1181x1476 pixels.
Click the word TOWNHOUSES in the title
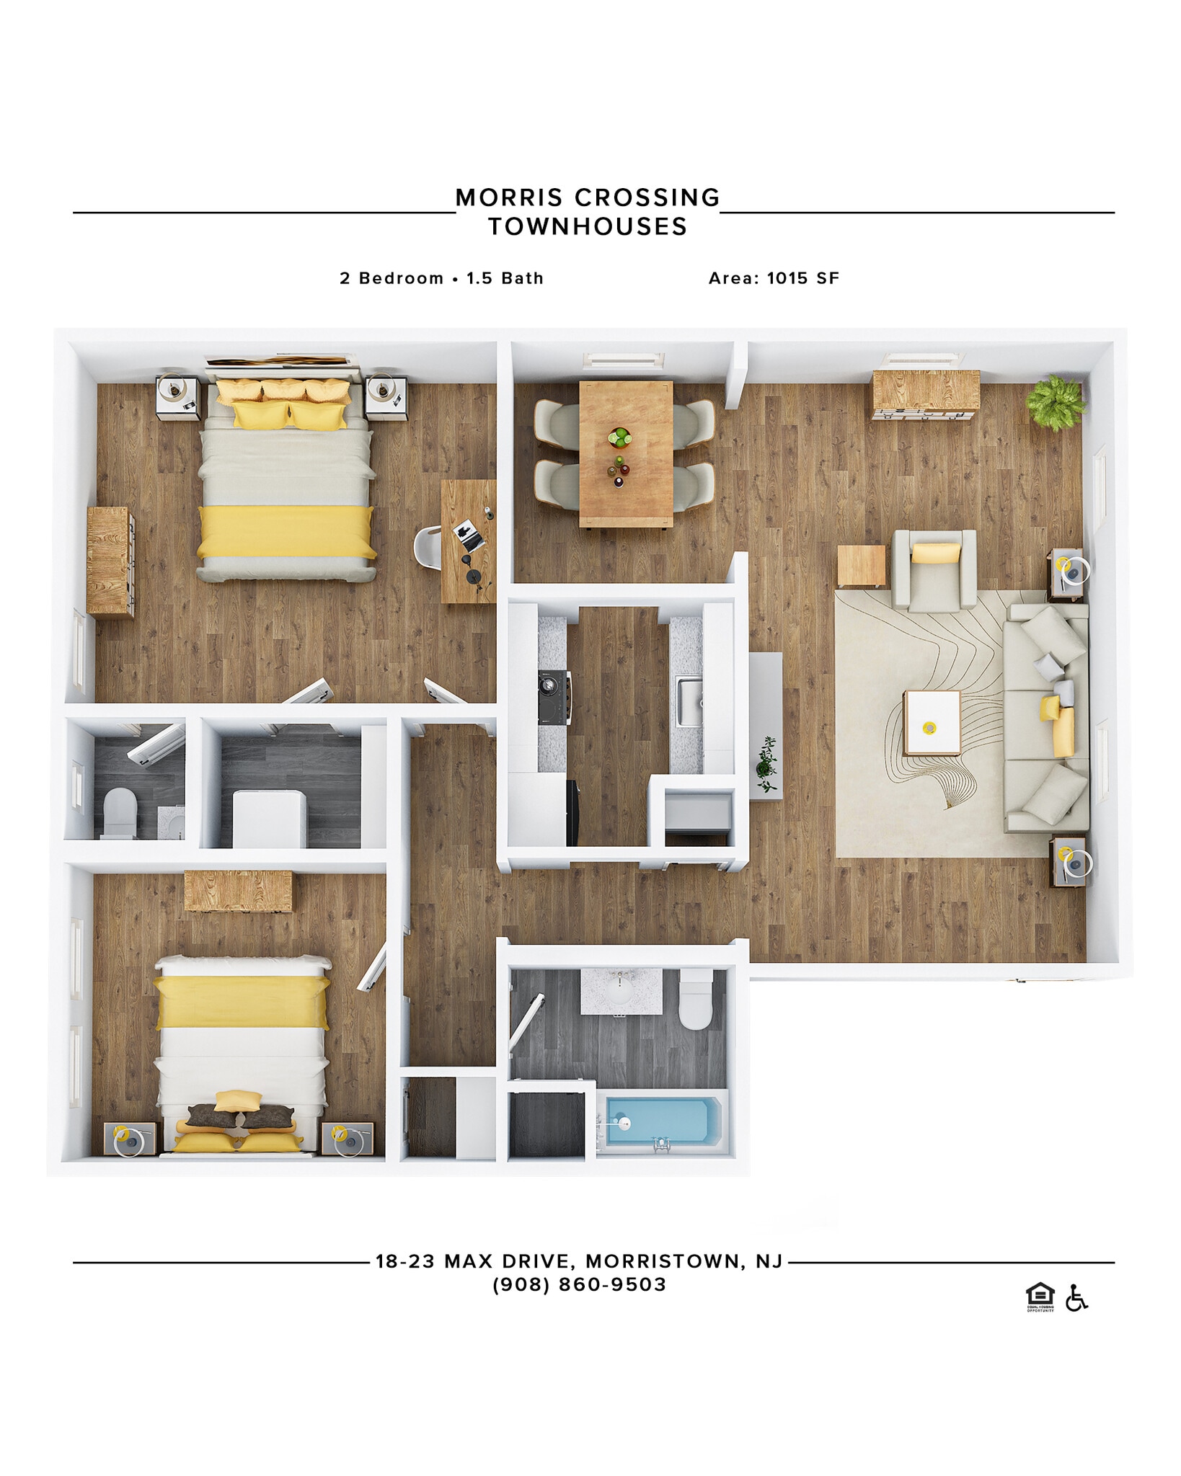(588, 227)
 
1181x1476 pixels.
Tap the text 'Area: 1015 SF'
(774, 278)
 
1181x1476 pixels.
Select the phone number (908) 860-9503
(579, 1284)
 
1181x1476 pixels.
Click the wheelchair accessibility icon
(1076, 1298)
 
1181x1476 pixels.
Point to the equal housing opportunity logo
(1040, 1297)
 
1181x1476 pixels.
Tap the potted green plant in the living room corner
(1056, 401)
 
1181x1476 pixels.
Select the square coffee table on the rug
(932, 723)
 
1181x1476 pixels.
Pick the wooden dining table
(625, 454)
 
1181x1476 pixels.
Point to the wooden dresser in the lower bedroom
(238, 891)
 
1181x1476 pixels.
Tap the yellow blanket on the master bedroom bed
(286, 532)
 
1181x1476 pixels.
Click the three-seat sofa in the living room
(1046, 717)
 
